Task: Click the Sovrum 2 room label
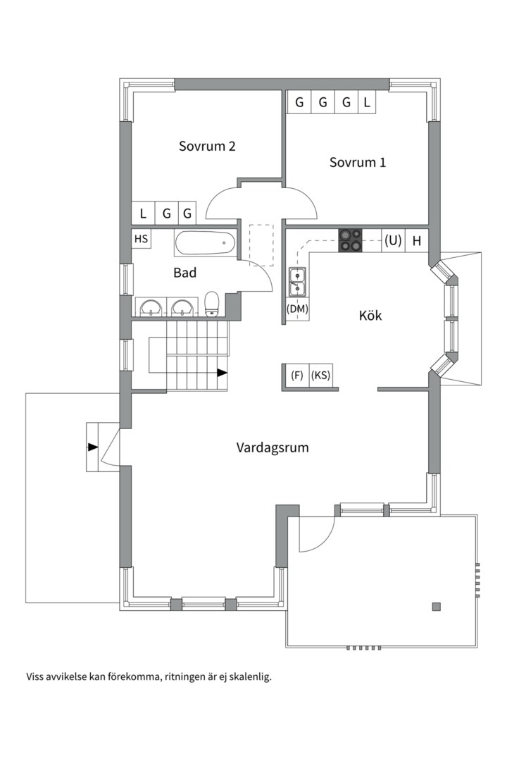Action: coord(206,147)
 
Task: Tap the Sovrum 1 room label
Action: coord(358,162)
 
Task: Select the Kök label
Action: coord(370,316)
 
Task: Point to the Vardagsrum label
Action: coord(273,447)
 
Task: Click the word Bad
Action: coord(184,273)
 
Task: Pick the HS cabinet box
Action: coord(142,240)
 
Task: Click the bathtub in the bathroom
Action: coord(205,244)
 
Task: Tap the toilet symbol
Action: coord(212,304)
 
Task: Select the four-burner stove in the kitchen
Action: coord(351,240)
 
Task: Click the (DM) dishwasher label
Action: coord(297,309)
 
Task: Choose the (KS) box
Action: coord(321,375)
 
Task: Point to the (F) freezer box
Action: coord(297,375)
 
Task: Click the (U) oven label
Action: coord(392,240)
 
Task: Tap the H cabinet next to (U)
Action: coord(417,240)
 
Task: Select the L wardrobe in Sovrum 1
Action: coord(367,102)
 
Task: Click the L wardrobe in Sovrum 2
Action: coord(143,213)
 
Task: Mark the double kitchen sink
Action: coord(297,281)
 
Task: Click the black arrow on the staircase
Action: coord(223,372)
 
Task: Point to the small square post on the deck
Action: coord(437,606)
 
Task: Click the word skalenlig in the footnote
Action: coord(247,676)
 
